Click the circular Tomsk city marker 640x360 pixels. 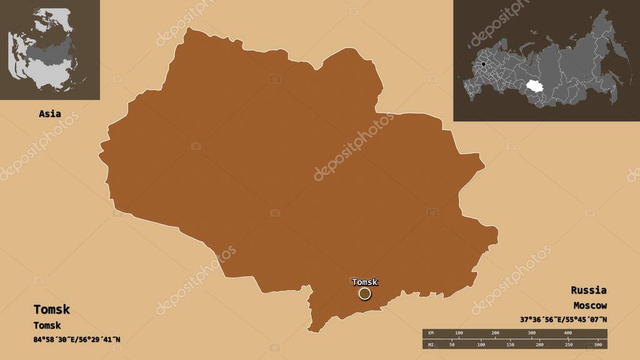point(364,293)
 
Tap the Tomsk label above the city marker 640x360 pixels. point(365,282)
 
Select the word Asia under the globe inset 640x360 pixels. point(50,114)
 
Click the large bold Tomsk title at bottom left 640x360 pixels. point(52,309)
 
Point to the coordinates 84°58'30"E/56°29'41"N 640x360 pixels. point(77,339)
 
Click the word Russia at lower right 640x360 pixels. point(588,290)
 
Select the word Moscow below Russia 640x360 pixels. point(589,306)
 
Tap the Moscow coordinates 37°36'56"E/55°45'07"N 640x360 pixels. point(563,319)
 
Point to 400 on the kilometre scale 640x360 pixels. point(567,332)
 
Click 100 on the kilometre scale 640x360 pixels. point(459,332)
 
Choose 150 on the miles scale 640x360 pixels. point(509,344)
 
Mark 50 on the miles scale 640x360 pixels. point(452,344)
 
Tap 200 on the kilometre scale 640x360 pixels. point(495,332)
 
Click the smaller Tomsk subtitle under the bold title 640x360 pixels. point(47,325)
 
